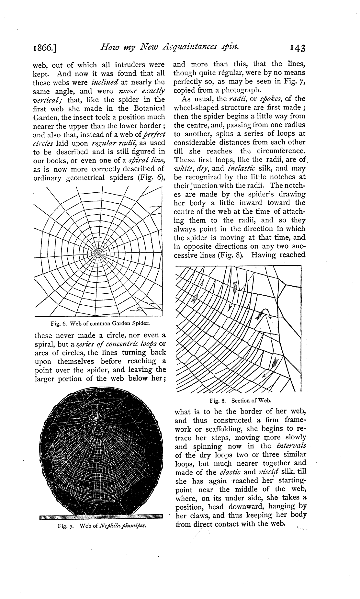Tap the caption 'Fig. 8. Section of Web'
tap(240, 401)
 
